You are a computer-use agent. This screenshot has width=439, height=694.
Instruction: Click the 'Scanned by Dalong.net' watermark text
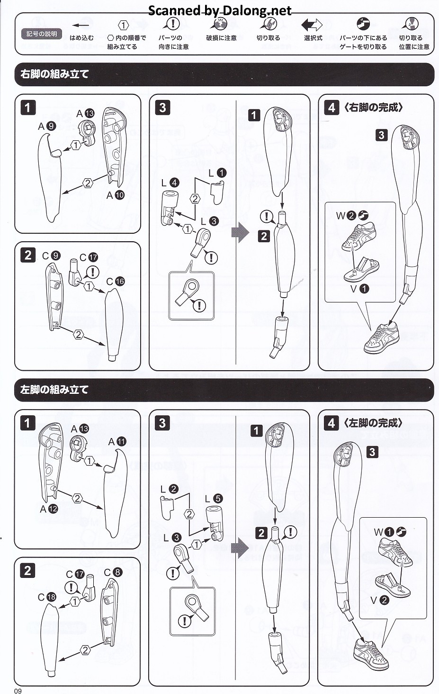pos(220,10)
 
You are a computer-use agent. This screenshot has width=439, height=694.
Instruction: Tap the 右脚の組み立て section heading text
pos(54,74)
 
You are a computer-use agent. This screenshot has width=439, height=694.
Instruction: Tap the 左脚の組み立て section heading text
pos(54,390)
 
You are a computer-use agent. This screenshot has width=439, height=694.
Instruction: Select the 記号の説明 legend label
pos(42,34)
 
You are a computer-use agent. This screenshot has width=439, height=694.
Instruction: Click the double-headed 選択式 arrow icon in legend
pos(312,25)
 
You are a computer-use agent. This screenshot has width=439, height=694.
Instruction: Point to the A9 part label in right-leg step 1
pos(47,126)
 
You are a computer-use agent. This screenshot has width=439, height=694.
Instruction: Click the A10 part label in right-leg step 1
pos(115,195)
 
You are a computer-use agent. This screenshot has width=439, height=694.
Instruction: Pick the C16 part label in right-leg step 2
pos(115,281)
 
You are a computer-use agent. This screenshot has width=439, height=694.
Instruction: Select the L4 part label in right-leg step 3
pos(170,183)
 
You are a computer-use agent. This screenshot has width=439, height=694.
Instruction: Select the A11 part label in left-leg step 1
pos(117,441)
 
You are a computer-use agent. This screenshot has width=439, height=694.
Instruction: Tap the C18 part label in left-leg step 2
pos(47,597)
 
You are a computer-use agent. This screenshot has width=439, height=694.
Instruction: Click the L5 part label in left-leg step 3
pos(213,498)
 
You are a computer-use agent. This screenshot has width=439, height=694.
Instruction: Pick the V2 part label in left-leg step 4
pos(379,600)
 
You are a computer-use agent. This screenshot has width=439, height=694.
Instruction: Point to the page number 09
pos(18,691)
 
